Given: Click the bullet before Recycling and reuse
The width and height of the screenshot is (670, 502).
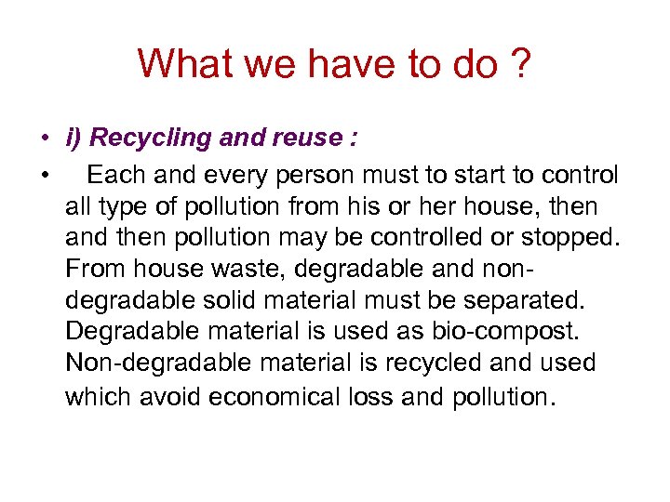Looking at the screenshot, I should (x=44, y=139).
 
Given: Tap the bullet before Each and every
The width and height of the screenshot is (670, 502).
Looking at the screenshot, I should (x=44, y=176).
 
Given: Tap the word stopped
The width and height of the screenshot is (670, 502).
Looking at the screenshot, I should (x=568, y=238).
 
